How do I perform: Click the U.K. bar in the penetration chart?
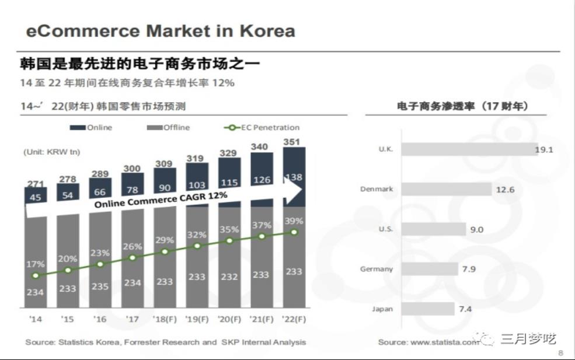tap(469, 149)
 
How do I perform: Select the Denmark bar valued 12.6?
tap(447, 189)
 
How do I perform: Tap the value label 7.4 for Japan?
tap(465, 309)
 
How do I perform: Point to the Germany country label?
tap(377, 269)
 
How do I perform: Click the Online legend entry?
tap(92, 127)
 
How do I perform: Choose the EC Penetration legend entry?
tap(262, 127)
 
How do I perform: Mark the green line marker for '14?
tap(36, 275)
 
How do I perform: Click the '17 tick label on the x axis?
tap(133, 320)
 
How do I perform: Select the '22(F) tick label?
tap(294, 320)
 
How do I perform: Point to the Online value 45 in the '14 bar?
tap(35, 197)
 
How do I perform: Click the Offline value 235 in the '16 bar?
tap(100, 286)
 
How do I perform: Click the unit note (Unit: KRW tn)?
tap(52, 152)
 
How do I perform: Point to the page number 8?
tap(560, 353)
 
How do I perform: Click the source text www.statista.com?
tap(444, 342)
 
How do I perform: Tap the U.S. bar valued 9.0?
tap(434, 229)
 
